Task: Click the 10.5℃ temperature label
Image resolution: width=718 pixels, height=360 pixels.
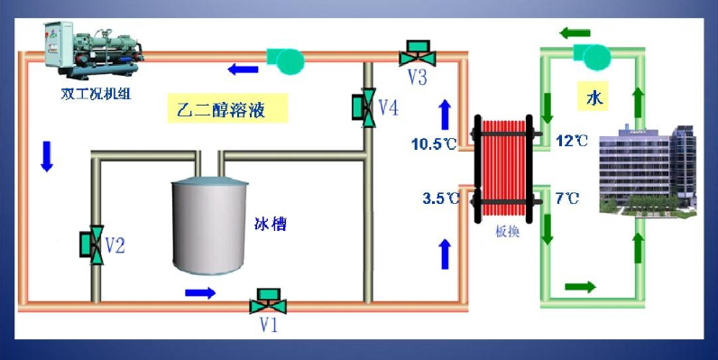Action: (433, 143)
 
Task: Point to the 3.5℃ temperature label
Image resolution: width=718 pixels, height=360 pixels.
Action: (437, 198)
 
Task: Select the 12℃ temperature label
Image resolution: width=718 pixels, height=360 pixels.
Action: (572, 141)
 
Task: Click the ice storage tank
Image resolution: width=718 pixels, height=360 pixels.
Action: (209, 226)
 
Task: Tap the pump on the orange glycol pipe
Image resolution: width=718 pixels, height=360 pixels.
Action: (286, 58)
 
